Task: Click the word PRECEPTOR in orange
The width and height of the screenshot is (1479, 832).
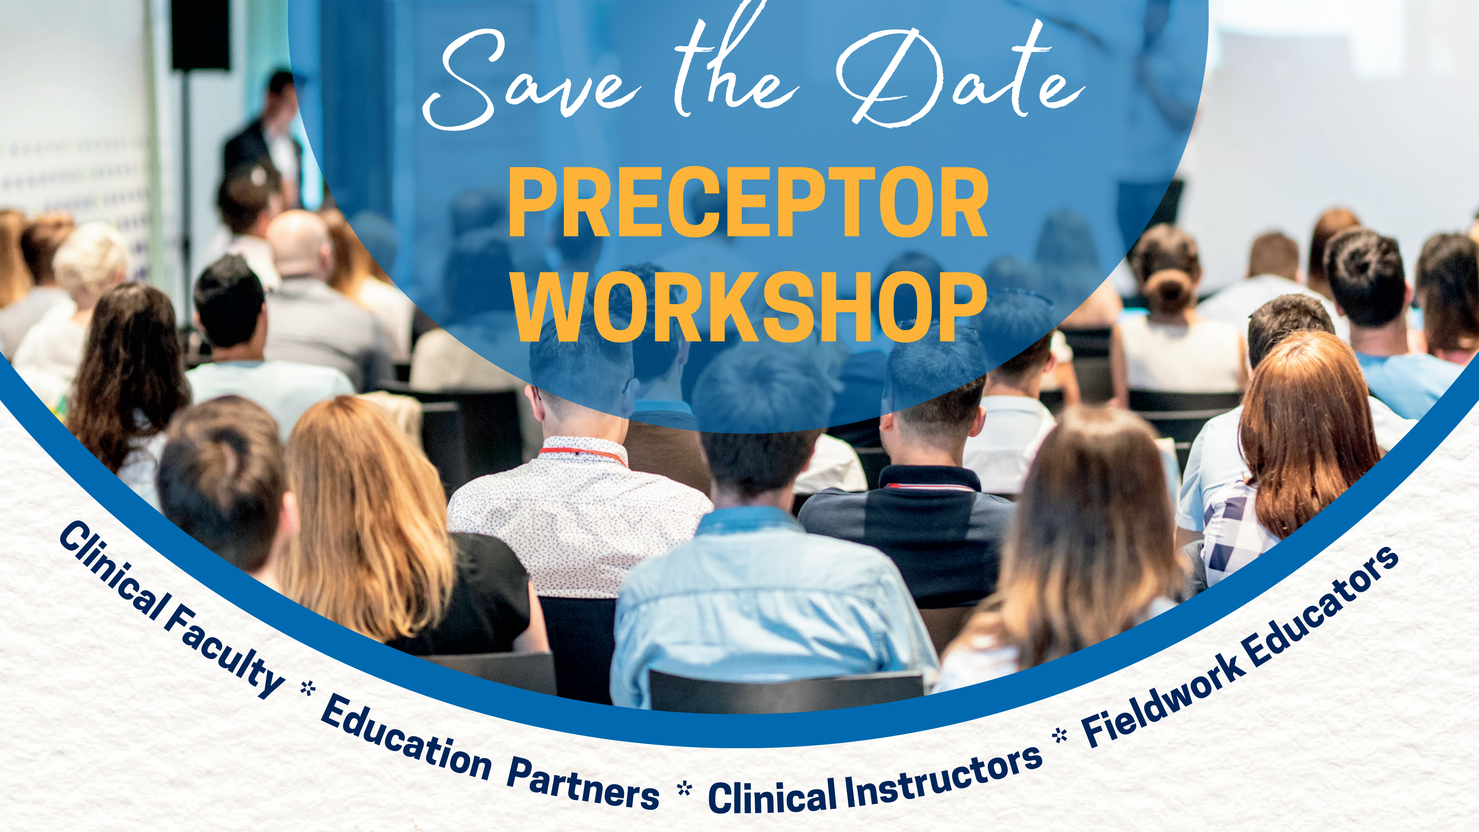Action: click(748, 202)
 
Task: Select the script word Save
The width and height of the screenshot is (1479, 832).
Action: click(531, 80)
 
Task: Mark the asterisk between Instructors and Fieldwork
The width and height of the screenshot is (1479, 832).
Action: click(1060, 735)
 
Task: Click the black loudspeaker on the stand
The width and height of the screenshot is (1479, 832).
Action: click(200, 34)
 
